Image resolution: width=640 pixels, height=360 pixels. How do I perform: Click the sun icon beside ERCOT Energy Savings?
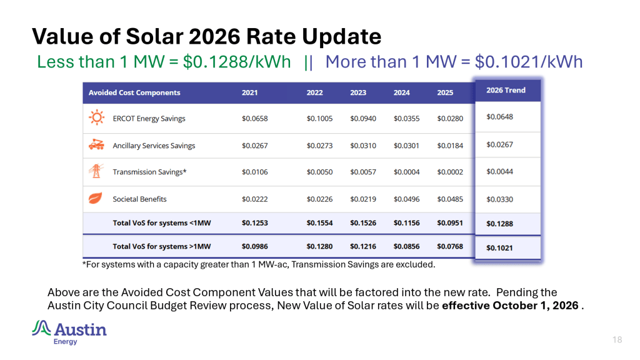point(96,117)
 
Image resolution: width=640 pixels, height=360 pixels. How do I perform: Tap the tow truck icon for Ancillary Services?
point(96,144)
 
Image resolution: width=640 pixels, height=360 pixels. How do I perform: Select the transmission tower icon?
point(96,171)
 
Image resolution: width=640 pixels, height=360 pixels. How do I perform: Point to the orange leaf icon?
point(96,198)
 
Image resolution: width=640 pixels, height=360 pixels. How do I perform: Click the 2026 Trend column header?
point(506,90)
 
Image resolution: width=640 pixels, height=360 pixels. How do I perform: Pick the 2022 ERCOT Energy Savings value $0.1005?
point(319,118)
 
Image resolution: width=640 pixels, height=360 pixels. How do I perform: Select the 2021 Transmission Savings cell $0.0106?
point(255,172)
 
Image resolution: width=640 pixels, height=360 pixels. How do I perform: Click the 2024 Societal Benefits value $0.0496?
point(406,199)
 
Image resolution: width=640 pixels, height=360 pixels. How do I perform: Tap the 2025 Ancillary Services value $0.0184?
point(450,145)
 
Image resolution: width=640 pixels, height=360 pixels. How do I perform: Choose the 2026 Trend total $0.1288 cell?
point(499,224)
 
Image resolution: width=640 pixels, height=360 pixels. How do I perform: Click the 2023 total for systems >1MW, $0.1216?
point(363,246)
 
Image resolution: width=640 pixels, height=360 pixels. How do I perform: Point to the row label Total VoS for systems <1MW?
point(162,223)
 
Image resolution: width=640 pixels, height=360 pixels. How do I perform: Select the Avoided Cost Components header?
point(134,92)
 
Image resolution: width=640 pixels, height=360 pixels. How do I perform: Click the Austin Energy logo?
point(69,332)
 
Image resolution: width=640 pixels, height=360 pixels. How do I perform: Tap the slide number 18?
point(617,339)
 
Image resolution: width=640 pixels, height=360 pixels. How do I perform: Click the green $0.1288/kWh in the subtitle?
point(237,62)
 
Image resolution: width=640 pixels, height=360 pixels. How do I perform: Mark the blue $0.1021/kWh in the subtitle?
point(529,62)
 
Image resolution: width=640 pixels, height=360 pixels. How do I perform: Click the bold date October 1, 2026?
point(536,305)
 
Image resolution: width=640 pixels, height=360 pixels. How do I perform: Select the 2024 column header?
point(402,92)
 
